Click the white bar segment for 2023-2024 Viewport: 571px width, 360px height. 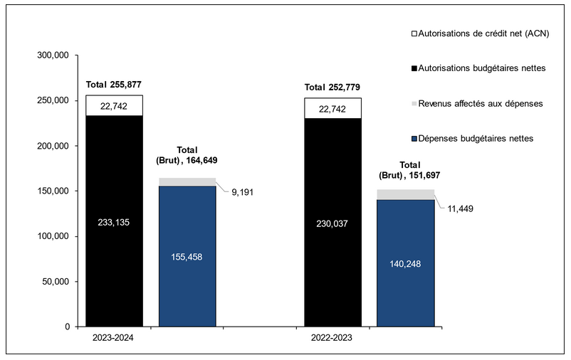tap(114, 105)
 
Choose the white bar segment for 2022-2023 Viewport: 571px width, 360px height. tap(332, 108)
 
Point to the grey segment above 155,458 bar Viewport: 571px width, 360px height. tap(187, 182)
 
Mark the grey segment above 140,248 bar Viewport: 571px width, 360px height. tap(405, 194)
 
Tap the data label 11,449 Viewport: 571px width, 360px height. tap(457, 208)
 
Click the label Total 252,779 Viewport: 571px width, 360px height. tap(332, 88)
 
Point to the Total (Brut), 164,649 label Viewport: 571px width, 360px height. tap(187, 155)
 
